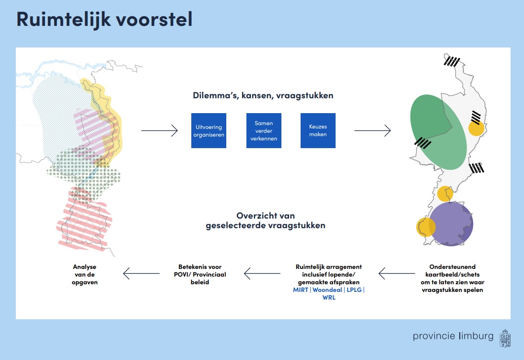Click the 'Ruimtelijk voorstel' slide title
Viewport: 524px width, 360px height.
tap(105, 19)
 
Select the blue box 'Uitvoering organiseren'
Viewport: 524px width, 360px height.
tap(209, 130)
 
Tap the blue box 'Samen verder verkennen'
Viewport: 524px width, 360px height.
tap(264, 130)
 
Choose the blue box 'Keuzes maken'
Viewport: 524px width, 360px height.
tap(318, 130)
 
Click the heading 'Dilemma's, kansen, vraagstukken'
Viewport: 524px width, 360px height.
tap(263, 95)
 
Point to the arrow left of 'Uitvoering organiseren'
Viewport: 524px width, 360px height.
tap(160, 130)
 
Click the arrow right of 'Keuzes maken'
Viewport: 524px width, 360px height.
tap(373, 130)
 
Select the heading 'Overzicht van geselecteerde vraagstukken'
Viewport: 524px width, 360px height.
tap(266, 221)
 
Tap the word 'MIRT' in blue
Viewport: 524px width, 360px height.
tap(301, 290)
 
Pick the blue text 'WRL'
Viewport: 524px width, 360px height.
tap(329, 298)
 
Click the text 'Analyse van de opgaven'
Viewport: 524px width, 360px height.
tap(85, 274)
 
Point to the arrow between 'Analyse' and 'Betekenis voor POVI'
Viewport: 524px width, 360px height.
tap(141, 274)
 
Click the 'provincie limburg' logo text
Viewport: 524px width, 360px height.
tap(453, 336)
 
